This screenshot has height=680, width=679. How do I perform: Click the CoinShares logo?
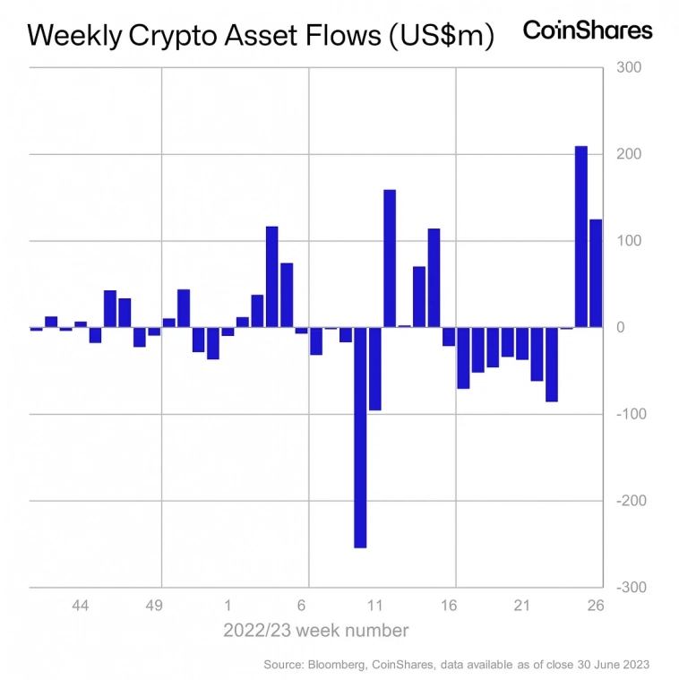pos(587,30)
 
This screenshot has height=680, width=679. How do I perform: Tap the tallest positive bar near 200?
pos(580,237)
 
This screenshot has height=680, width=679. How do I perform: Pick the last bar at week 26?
pos(595,273)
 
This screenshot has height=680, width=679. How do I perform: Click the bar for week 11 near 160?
pos(390,258)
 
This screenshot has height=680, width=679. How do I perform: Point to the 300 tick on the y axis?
pos(625,68)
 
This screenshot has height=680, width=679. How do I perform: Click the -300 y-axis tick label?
pos(623,587)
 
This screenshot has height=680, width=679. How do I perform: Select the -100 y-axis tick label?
pos(623,414)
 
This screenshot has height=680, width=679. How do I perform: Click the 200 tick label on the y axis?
pos(625,155)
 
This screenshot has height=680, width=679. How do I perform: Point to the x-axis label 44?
pos(80,606)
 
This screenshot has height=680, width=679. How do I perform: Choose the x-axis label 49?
pos(154,606)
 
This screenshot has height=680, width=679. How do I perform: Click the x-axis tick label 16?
pos(449,606)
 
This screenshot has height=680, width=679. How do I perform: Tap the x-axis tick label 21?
pos(522,606)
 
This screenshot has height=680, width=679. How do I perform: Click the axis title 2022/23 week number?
pos(316,631)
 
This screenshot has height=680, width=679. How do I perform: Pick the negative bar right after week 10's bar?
pos(374,369)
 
